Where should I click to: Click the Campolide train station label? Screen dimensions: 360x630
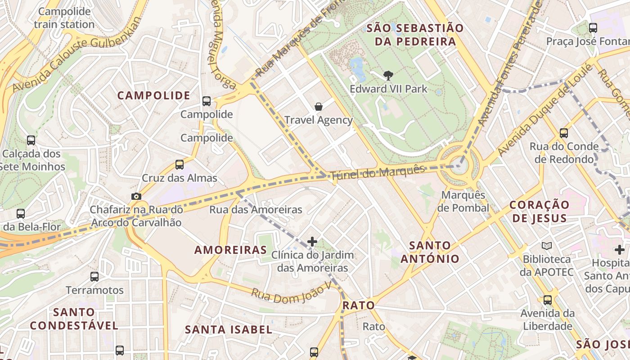pyautogui.click(x=64, y=18)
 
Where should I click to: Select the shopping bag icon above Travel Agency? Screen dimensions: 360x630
pyautogui.click(x=319, y=107)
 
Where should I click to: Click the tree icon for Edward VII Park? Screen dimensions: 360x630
pyautogui.click(x=388, y=76)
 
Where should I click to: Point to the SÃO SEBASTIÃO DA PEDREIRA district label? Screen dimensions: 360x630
pyautogui.click(x=414, y=35)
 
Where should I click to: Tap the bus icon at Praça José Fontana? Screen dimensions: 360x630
pyautogui.click(x=593, y=28)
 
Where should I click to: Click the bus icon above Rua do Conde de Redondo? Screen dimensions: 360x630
pyautogui.click(x=564, y=133)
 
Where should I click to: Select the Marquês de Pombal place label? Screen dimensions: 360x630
pyautogui.click(x=463, y=201)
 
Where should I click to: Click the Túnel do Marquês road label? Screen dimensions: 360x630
pyautogui.click(x=378, y=172)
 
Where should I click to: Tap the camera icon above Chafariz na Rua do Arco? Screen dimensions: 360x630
pyautogui.click(x=136, y=196)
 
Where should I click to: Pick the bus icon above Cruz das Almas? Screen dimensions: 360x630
pyautogui.click(x=180, y=165)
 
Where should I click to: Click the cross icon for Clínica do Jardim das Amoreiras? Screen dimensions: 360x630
pyautogui.click(x=312, y=242)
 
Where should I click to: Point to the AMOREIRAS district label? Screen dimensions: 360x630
pyautogui.click(x=230, y=250)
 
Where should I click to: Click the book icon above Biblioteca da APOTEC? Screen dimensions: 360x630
pyautogui.click(x=547, y=246)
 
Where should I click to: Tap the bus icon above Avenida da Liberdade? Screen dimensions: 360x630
pyautogui.click(x=548, y=300)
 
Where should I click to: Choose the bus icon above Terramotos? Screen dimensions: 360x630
pyautogui.click(x=94, y=277)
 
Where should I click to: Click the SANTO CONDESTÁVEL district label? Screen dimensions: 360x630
pyautogui.click(x=74, y=318)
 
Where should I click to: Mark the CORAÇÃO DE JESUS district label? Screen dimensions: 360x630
pyautogui.click(x=540, y=211)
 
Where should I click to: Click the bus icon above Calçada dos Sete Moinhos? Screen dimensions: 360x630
pyautogui.click(x=31, y=140)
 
